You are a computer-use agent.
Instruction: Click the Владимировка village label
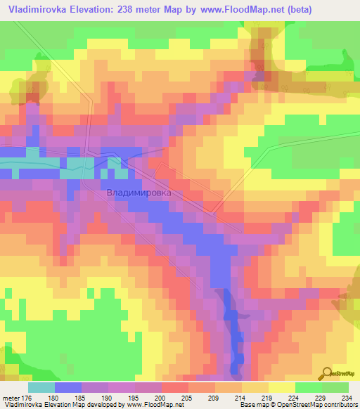coord(139,191)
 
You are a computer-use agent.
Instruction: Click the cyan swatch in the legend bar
coord(41,387)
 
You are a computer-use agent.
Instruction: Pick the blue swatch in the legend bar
coord(68,387)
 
